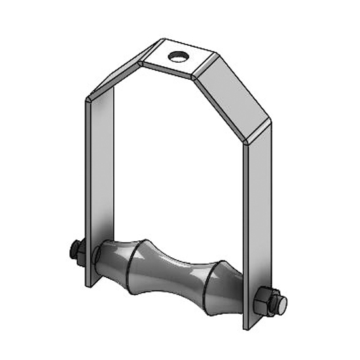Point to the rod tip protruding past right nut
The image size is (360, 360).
tap(282, 302)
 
